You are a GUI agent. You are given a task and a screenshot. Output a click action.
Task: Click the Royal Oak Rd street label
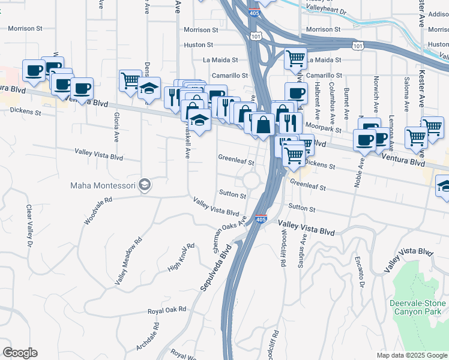[x=167, y=311]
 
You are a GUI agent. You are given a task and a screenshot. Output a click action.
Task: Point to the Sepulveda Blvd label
[x=215, y=271]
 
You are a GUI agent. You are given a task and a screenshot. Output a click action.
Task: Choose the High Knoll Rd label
[x=182, y=256]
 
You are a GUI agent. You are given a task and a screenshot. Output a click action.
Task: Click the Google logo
[x=20, y=353]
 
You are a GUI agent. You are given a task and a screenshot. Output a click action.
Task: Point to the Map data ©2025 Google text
[x=411, y=355]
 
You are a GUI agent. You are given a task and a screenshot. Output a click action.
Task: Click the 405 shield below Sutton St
[x=261, y=219]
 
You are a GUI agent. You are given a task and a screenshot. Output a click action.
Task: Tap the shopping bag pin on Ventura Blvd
[x=263, y=125]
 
